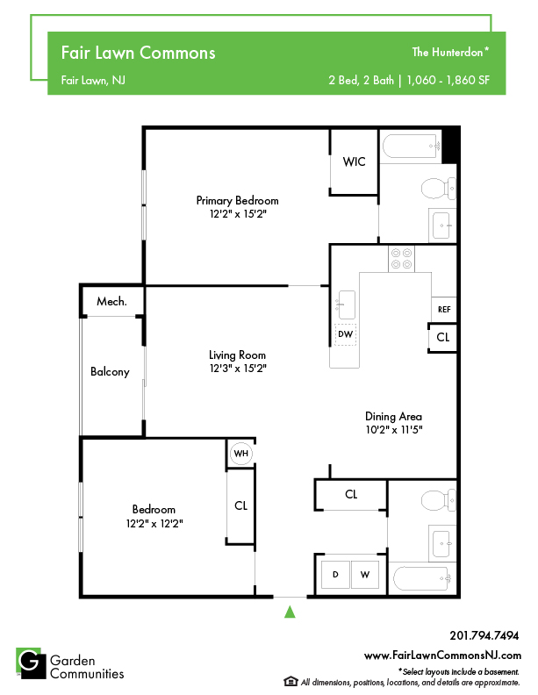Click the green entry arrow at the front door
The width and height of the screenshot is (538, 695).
click(x=290, y=612)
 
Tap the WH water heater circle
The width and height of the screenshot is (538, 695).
click(x=241, y=454)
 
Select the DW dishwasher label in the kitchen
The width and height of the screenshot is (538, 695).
click(x=345, y=334)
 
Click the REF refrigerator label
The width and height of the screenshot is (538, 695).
click(x=444, y=310)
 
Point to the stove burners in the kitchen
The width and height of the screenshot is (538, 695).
click(x=401, y=258)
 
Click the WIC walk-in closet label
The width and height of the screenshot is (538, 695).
click(x=354, y=161)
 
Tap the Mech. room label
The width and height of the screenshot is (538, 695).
click(x=111, y=301)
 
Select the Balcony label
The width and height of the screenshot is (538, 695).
click(x=110, y=371)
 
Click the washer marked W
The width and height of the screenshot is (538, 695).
click(x=365, y=575)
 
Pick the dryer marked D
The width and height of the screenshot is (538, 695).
click(x=335, y=575)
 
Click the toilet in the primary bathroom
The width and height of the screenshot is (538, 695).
click(x=438, y=189)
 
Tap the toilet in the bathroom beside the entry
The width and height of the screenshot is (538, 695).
click(x=438, y=500)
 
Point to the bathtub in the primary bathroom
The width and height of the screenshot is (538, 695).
click(x=412, y=146)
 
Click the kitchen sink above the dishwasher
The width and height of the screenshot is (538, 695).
click(x=347, y=305)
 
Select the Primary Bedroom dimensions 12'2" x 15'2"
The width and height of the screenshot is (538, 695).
click(x=238, y=214)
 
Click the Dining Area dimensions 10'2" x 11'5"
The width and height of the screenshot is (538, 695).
click(x=394, y=429)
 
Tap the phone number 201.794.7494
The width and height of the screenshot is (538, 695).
click(x=484, y=635)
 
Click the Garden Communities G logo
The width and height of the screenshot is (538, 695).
click(x=31, y=663)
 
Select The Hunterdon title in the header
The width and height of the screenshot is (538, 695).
click(x=450, y=53)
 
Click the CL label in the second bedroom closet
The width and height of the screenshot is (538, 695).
click(x=240, y=505)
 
